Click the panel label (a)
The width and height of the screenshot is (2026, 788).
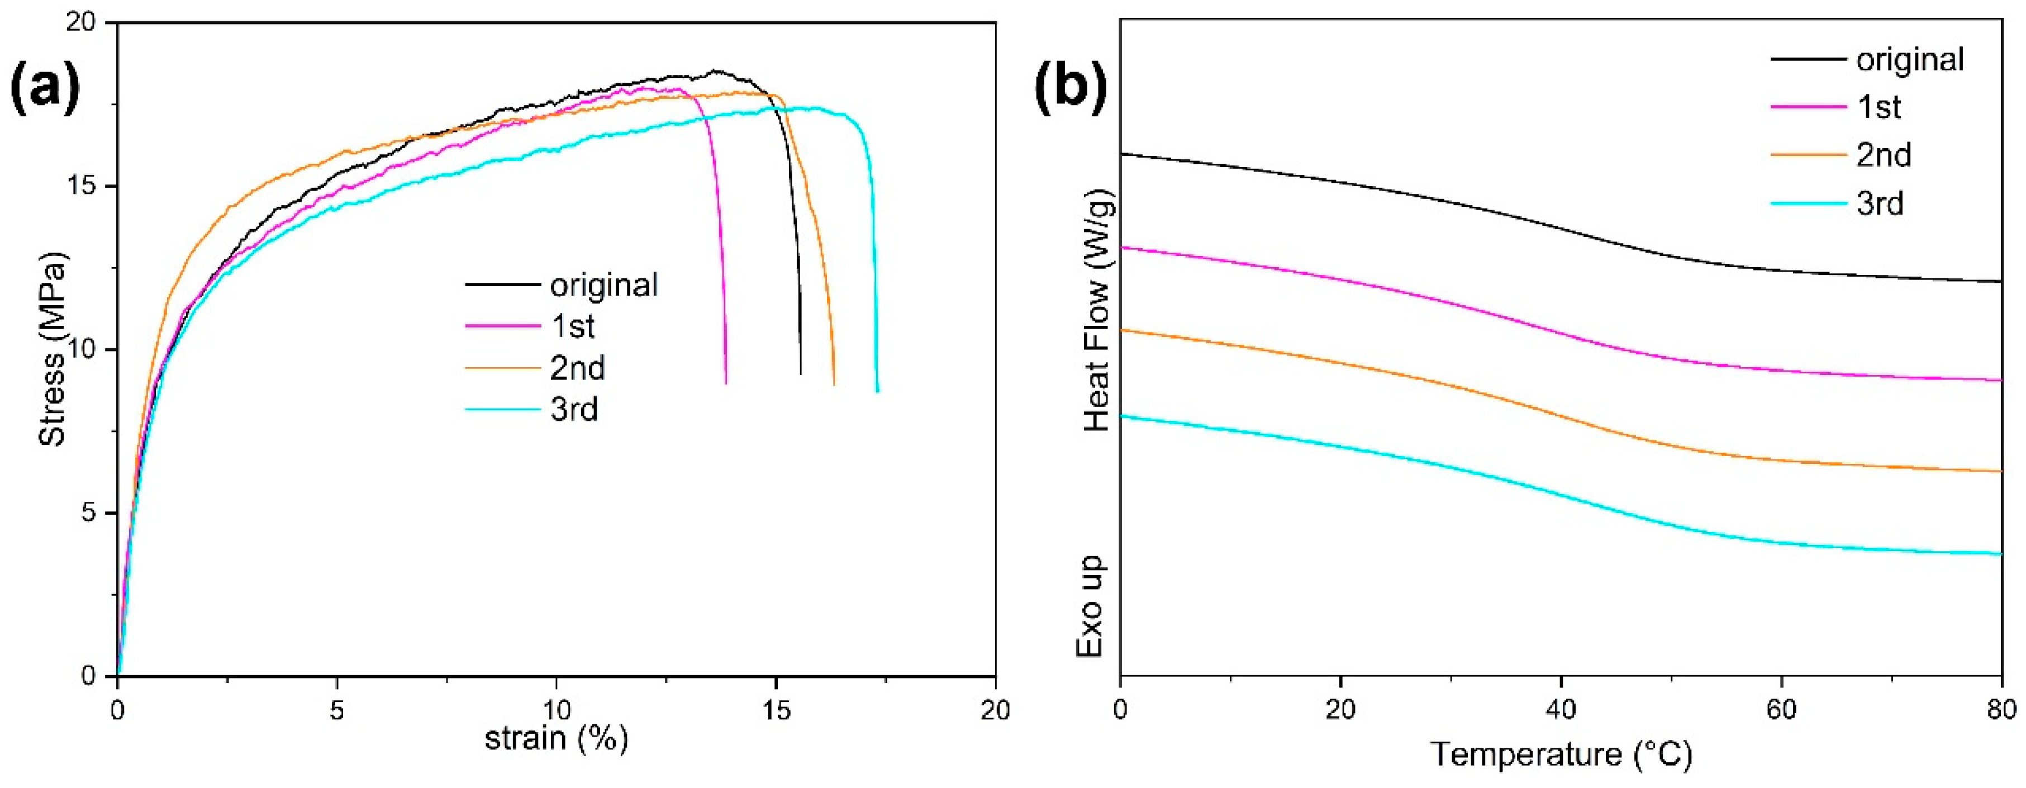click(x=46, y=89)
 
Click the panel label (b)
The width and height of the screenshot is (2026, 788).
click(x=1071, y=89)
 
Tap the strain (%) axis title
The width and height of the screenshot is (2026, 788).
click(x=556, y=738)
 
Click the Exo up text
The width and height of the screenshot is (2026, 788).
click(x=1091, y=606)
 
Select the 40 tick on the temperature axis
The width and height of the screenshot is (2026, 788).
click(x=1561, y=710)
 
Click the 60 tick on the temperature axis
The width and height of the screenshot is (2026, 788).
click(x=1781, y=710)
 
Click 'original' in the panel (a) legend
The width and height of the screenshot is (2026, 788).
click(x=603, y=284)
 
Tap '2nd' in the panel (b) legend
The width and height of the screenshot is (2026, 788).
click(x=1884, y=155)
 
